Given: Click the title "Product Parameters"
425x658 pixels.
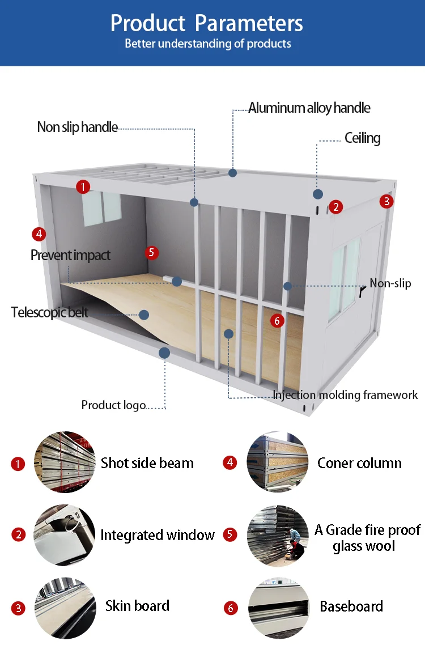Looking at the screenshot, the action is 206,23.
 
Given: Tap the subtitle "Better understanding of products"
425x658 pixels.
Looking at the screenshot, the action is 207,44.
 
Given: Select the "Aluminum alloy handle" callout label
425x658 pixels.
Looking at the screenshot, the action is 309,108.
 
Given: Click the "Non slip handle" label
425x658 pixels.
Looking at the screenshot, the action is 78,127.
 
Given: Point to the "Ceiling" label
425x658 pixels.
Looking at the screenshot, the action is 363,138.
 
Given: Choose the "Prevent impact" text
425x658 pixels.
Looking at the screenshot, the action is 70,255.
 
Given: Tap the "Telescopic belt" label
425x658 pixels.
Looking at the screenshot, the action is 49,312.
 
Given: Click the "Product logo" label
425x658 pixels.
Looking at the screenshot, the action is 113,405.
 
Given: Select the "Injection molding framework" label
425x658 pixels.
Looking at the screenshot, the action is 345,395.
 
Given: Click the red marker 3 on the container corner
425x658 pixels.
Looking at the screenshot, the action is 387,201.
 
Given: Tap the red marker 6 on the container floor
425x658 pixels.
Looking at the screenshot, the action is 277,321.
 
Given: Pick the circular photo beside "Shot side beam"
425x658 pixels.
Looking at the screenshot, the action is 65,462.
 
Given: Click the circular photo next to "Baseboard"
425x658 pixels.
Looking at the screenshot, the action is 279,608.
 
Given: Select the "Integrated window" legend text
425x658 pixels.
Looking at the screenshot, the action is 158,535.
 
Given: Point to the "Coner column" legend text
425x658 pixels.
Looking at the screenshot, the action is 360,463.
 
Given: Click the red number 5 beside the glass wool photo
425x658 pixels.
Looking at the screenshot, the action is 230,534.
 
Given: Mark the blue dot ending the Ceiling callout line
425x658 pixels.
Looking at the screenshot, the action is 317,194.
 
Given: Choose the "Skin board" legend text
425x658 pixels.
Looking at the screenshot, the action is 137,606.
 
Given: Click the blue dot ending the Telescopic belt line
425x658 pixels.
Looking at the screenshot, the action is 144,315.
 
